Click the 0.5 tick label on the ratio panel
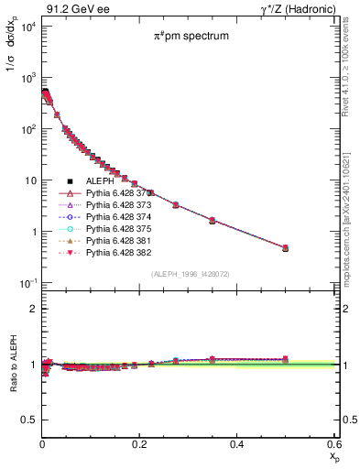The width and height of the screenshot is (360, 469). (x=30, y=420)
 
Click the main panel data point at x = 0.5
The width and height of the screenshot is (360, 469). (x=285, y=247)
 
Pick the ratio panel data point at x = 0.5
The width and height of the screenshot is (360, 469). (x=285, y=359)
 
